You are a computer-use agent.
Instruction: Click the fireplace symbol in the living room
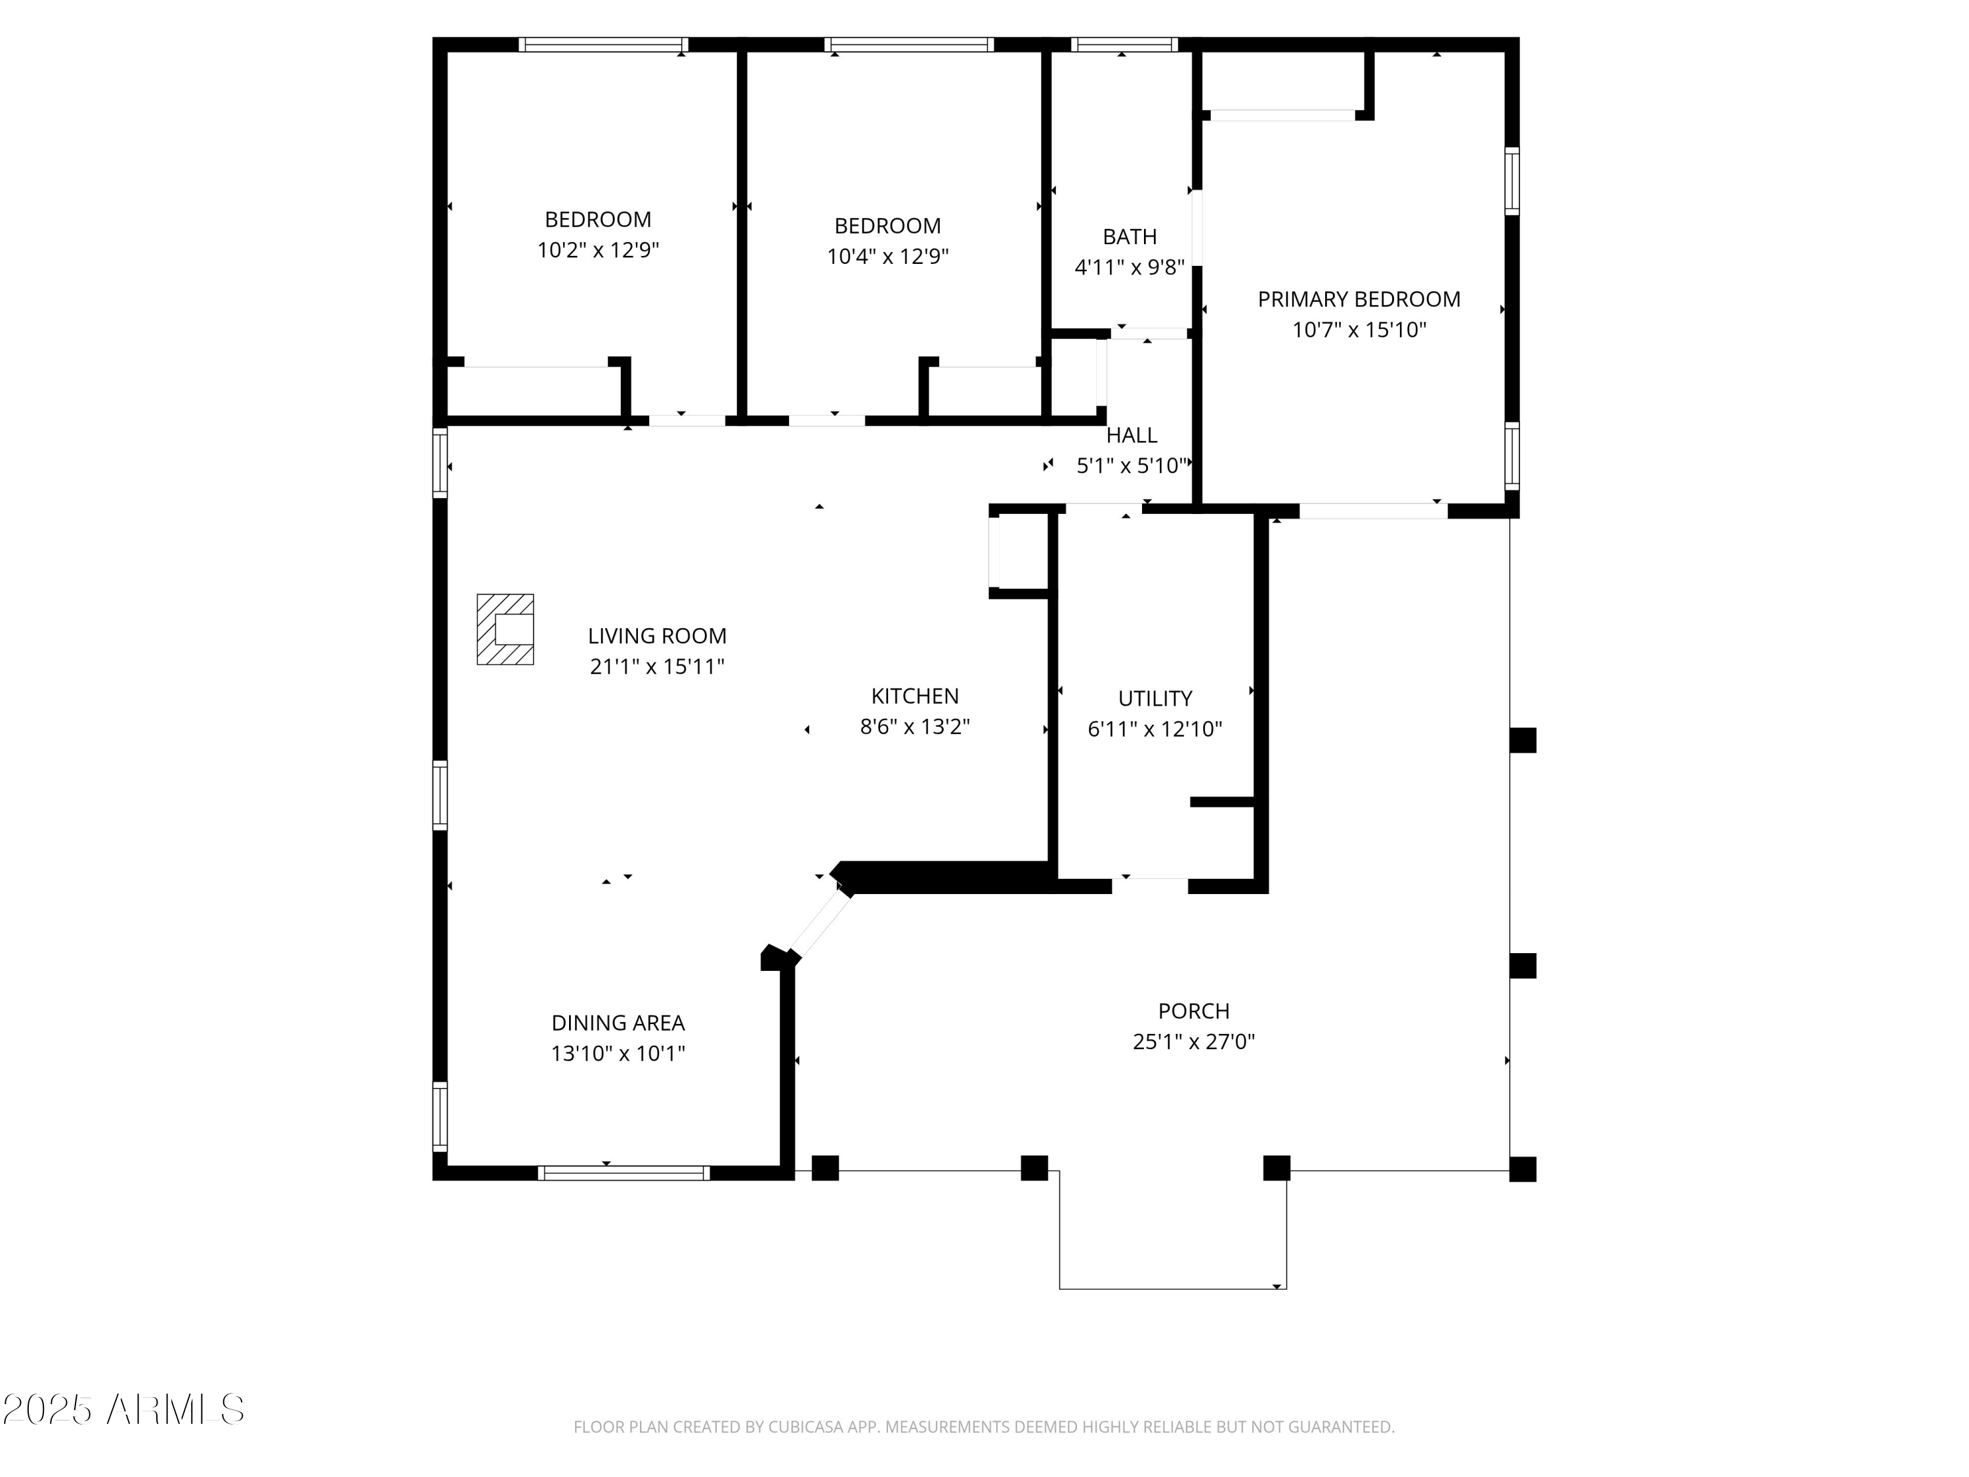505,629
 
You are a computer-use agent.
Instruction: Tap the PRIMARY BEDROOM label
1359,299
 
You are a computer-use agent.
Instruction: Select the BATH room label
1130,237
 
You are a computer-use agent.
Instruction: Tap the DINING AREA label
618,1023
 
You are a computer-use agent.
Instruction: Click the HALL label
1132,435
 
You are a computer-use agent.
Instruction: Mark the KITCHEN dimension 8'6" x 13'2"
914,727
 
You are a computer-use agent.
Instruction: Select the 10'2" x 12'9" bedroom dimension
597,250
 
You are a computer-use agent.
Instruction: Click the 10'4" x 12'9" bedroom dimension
887,257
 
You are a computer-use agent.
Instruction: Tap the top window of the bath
1124,45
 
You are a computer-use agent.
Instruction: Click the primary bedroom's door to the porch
1374,511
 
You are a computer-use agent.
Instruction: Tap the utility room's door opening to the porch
1150,885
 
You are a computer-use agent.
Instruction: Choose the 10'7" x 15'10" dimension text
1359,330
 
